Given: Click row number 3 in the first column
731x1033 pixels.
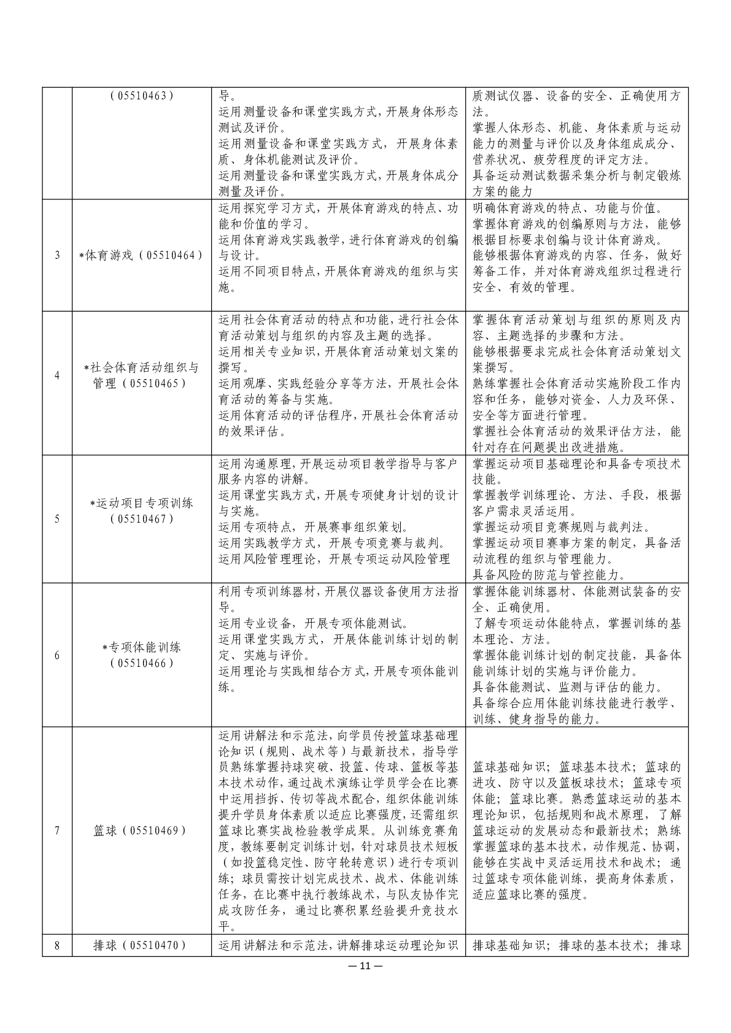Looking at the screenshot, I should tap(57, 255).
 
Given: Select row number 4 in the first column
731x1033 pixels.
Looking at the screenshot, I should tap(57, 375).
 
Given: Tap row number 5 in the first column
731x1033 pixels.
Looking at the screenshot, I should tap(57, 519).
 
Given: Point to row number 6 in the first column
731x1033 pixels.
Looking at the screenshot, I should tap(57, 655).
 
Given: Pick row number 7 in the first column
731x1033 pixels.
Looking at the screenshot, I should tap(57, 831).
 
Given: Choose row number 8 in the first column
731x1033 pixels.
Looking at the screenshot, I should tap(57, 945).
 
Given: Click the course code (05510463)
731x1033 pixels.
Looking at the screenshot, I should tap(142, 96).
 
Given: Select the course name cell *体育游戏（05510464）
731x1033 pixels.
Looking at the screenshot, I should tap(142, 255).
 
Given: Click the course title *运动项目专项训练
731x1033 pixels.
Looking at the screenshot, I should tap(142, 503).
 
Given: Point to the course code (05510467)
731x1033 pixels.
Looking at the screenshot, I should tap(142, 519).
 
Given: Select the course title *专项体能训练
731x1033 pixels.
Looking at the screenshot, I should tap(142, 647).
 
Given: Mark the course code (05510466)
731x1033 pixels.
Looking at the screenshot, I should tap(142, 663).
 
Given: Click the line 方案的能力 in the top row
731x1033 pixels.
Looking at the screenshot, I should tap(503, 191).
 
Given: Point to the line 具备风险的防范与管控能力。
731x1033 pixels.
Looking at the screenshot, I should tap(549, 575).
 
